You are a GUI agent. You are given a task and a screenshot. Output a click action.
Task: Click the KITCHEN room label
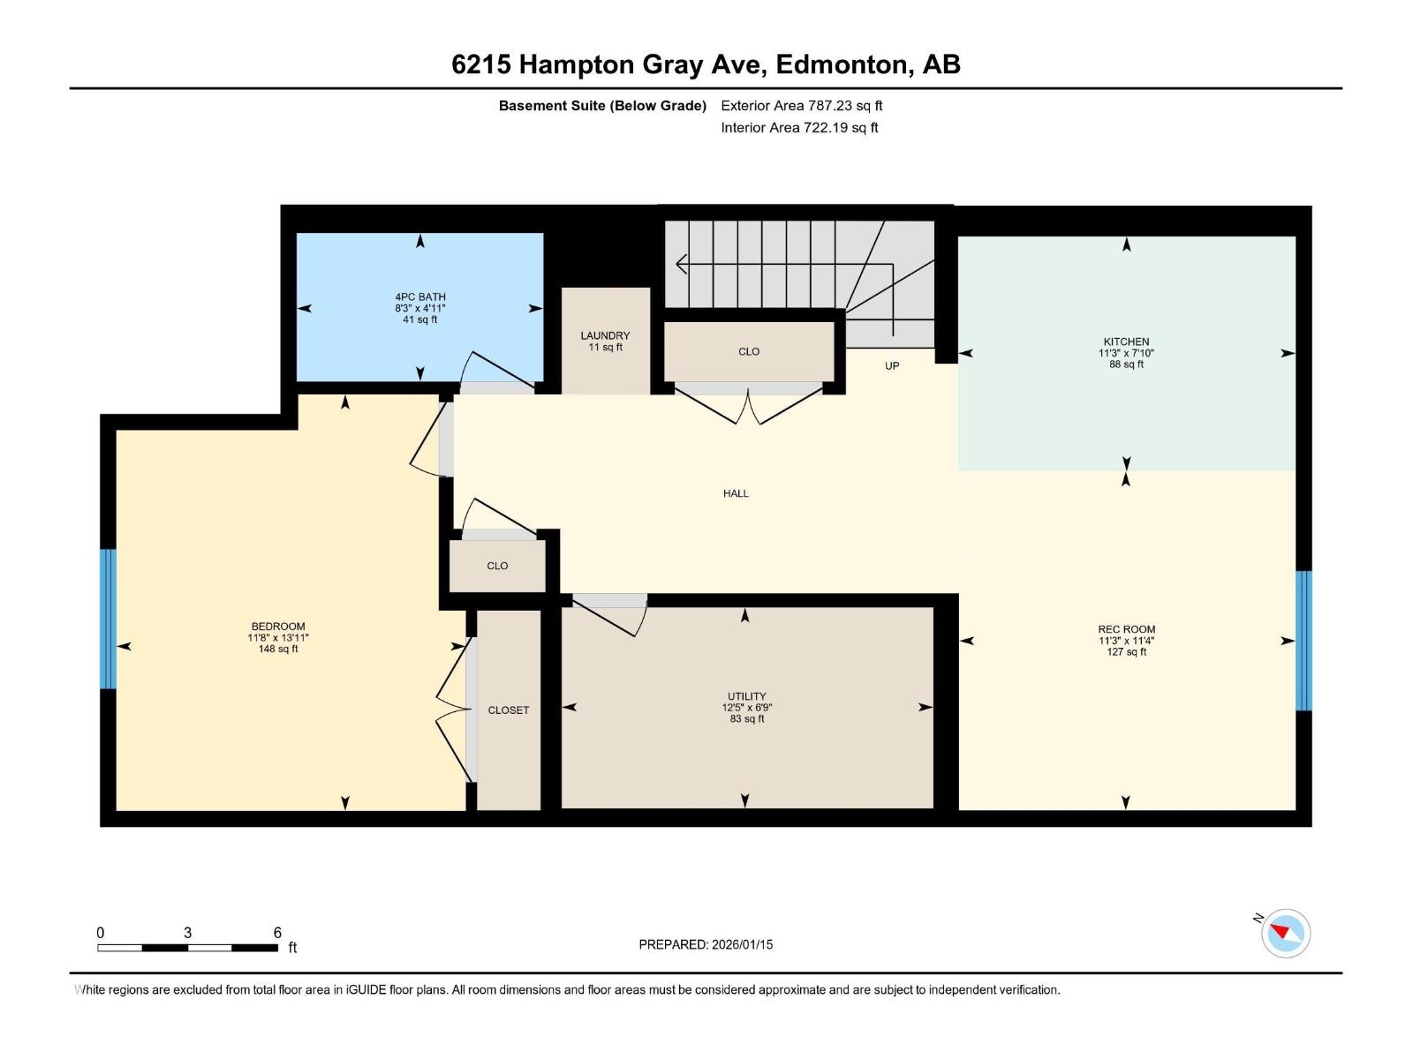1126,342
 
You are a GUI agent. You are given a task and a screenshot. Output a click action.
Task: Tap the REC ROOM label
1127,629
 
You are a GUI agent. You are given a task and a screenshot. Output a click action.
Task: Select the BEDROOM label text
278,627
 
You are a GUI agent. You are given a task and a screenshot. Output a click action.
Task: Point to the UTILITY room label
747,696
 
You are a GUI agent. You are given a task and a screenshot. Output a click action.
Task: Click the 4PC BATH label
420,297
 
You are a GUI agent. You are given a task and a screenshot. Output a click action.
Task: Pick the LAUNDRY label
605,335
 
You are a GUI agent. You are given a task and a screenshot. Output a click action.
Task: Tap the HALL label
736,494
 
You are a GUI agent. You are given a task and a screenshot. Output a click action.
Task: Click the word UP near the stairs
892,366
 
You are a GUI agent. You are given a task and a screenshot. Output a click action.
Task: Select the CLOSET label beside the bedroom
509,710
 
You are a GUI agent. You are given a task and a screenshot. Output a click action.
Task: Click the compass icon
1286,933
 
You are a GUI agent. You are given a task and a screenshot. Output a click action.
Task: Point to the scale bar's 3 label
187,932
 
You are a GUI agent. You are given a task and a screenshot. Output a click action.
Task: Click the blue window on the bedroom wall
108,619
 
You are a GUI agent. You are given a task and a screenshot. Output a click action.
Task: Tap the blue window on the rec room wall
1303,641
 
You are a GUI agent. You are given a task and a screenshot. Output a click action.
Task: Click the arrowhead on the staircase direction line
680,264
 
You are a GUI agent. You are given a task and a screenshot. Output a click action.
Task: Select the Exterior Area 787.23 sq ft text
802,105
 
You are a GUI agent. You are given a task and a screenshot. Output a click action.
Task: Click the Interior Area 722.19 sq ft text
799,127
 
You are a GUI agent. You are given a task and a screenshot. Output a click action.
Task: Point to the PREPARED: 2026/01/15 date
706,944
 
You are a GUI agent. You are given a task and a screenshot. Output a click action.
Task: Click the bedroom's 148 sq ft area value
278,649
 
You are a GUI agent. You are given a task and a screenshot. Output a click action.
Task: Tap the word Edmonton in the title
844,64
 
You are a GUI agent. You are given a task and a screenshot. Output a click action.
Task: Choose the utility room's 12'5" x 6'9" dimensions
747,707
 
